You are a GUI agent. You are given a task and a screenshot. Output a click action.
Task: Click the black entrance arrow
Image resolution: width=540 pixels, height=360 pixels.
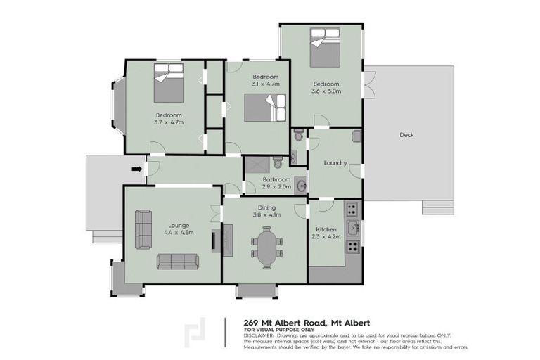(x=136, y=168)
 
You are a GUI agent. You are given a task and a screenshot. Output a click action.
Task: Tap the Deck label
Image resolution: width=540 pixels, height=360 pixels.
(x=406, y=135)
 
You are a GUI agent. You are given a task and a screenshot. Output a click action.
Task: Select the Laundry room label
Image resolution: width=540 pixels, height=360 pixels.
(x=335, y=163)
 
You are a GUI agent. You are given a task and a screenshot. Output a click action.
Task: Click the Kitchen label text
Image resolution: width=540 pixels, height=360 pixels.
(x=326, y=229)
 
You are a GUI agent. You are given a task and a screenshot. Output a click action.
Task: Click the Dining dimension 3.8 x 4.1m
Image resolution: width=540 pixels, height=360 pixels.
(x=266, y=214)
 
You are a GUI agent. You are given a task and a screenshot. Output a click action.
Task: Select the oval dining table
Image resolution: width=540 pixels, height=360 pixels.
(x=266, y=249)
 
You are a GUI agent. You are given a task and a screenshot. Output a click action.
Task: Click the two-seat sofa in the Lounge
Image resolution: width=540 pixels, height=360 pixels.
(x=144, y=229)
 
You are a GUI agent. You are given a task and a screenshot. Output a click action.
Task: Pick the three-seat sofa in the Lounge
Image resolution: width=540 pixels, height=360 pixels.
(x=177, y=262)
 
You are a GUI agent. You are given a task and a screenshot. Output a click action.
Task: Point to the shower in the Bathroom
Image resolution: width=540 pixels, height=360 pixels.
(x=257, y=164)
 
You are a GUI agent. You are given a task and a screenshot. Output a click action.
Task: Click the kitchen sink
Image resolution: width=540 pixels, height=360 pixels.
(x=355, y=227)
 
